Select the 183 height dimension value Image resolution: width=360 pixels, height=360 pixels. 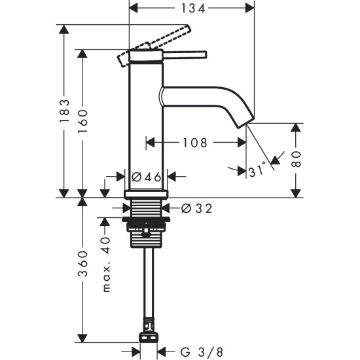[64, 113]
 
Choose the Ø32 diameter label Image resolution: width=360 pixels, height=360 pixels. [196, 208]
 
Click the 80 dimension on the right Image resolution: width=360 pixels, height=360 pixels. [297, 160]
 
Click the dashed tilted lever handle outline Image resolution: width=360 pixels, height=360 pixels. [154, 45]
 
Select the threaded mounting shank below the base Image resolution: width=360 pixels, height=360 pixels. [147, 223]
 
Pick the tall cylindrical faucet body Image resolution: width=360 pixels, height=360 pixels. [145, 124]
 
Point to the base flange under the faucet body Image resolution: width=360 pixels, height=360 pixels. [147, 194]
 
